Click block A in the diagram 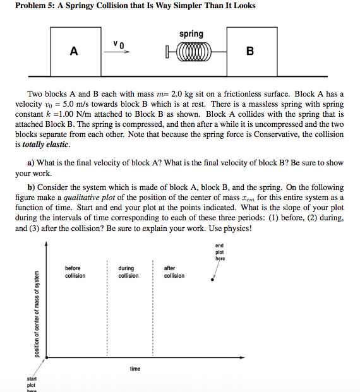(75, 52)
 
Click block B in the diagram (251, 52)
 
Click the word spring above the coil (191, 33)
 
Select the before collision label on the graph (75, 272)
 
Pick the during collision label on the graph (128, 272)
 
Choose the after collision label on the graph (174, 272)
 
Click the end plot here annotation (219, 252)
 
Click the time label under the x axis (135, 369)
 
